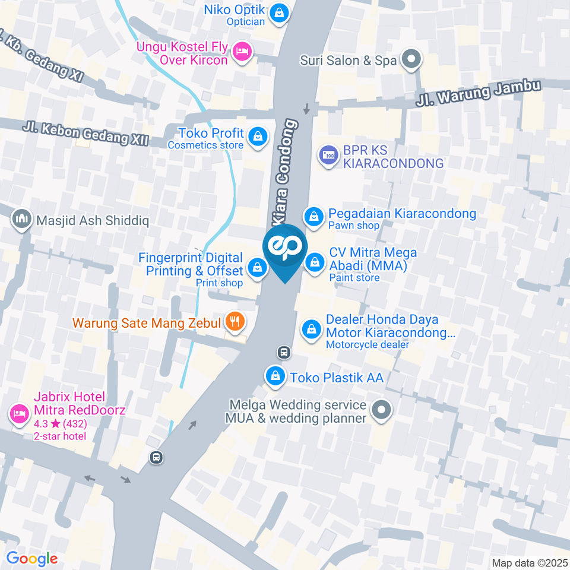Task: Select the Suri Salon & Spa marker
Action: [410, 60]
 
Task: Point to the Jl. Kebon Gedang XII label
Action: [85, 134]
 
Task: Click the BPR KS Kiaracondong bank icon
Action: [328, 156]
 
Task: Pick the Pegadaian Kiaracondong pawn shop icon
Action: [313, 217]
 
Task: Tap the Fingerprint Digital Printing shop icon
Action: [256, 268]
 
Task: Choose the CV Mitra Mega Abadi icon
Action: [314, 262]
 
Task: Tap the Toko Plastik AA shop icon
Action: [275, 376]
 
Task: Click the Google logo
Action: [32, 558]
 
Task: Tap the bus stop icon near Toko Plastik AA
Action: [284, 353]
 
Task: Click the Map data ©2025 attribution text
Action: [529, 563]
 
